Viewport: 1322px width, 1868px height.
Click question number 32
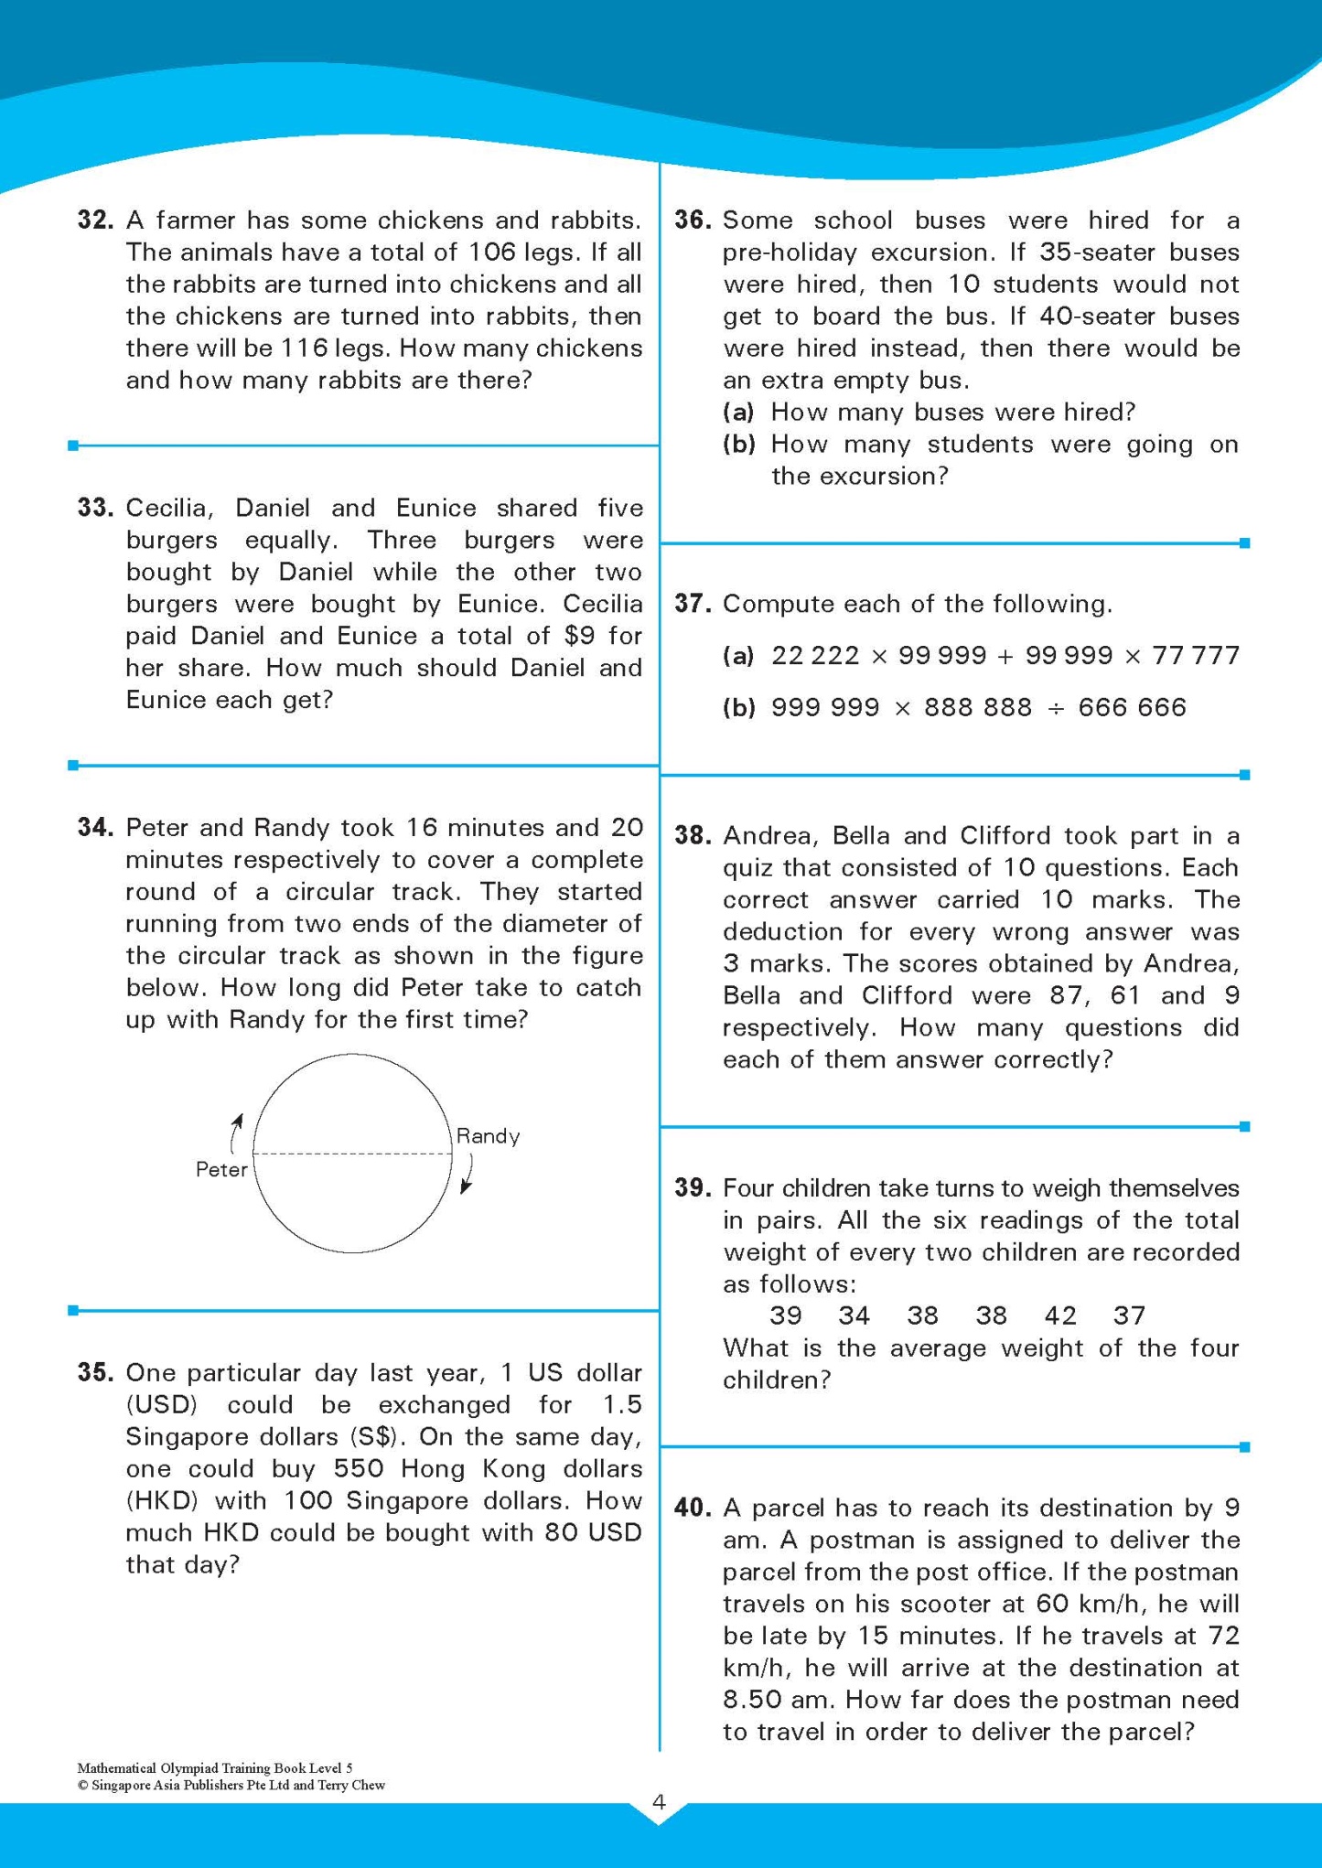click(95, 220)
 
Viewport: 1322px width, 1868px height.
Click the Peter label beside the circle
click(221, 1170)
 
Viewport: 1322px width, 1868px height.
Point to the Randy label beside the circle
click(488, 1136)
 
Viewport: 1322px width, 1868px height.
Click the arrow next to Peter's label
click(236, 1133)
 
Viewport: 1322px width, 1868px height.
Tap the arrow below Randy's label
click(467, 1174)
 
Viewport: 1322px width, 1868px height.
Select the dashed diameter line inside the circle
click(352, 1154)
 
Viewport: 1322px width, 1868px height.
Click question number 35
click(95, 1373)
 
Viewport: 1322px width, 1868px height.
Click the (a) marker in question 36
click(738, 413)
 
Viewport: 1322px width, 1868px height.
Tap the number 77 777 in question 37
click(1196, 656)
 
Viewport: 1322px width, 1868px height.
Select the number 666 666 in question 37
click(1132, 708)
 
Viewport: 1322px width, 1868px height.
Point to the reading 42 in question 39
click(1060, 1315)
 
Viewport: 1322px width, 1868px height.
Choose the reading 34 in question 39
click(854, 1315)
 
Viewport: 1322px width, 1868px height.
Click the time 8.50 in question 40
click(755, 1700)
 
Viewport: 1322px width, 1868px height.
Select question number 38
click(693, 836)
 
